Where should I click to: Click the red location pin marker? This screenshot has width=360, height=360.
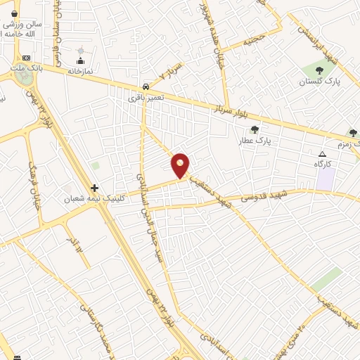click(x=181, y=165)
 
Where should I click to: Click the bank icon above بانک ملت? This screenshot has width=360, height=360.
click(x=27, y=58)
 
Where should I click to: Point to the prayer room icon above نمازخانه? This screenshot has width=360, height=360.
click(x=80, y=61)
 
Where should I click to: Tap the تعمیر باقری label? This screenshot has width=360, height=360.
click(x=146, y=97)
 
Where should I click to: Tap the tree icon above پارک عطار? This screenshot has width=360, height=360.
click(x=255, y=129)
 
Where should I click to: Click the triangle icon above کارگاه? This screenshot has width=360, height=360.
click(x=323, y=154)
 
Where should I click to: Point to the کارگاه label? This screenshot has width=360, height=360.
click(x=323, y=163)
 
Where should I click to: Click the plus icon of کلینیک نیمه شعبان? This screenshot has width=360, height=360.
click(x=95, y=188)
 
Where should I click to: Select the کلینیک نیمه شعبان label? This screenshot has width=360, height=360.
click(x=94, y=199)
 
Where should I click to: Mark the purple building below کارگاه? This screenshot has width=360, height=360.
click(x=325, y=179)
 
